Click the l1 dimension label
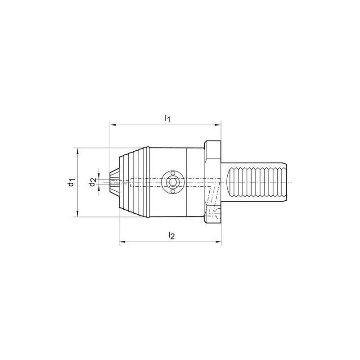click(x=167, y=118)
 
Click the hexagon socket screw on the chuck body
click(x=172, y=182)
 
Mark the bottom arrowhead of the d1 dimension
click(x=78, y=214)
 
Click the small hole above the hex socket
click(x=172, y=172)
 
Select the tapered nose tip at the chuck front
click(x=115, y=182)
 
